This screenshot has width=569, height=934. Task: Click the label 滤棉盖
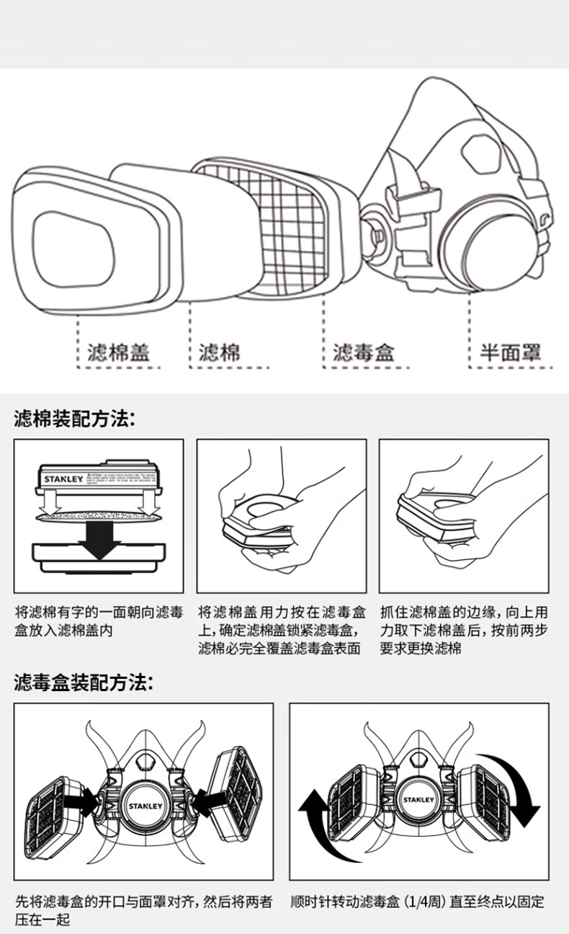click(118, 352)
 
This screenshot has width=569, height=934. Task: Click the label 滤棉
click(220, 352)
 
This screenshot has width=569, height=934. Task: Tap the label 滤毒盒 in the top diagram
click(364, 352)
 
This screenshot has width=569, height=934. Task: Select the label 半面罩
click(510, 352)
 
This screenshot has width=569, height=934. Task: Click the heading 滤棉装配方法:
click(75, 418)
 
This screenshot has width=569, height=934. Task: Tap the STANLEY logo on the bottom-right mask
click(418, 800)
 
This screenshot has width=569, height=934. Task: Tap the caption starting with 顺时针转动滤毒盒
click(417, 902)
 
